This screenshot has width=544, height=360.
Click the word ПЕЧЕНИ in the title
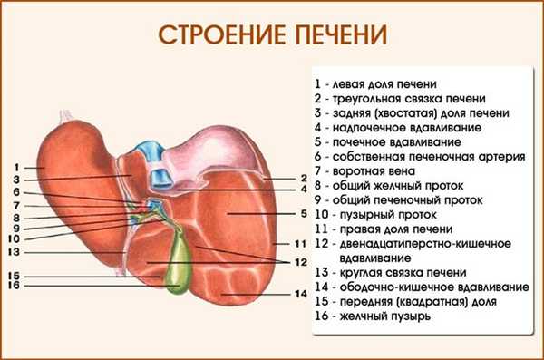tap(335, 34)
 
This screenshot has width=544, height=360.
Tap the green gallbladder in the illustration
tap(185, 263)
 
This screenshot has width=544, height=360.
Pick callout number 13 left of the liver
tap(16, 251)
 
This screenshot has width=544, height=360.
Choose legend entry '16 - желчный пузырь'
tap(373, 317)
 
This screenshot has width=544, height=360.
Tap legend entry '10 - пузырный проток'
tap(375, 215)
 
